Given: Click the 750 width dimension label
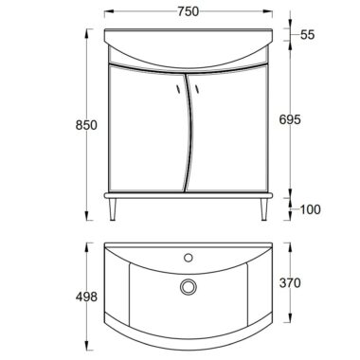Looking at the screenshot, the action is tap(189, 11).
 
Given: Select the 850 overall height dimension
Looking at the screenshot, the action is tap(86, 125).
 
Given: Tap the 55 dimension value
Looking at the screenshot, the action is tap(308, 34).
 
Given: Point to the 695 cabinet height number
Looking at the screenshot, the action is tap(290, 119).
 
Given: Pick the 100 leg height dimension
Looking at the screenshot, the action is tap(310, 209).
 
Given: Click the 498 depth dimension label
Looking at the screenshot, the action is tap(86, 297).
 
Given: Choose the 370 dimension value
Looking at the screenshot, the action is tap(290, 283).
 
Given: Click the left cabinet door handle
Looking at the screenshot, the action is tap(178, 89).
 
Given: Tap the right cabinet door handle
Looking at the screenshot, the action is tap(197, 89).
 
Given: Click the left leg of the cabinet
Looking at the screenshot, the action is tap(113, 209).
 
